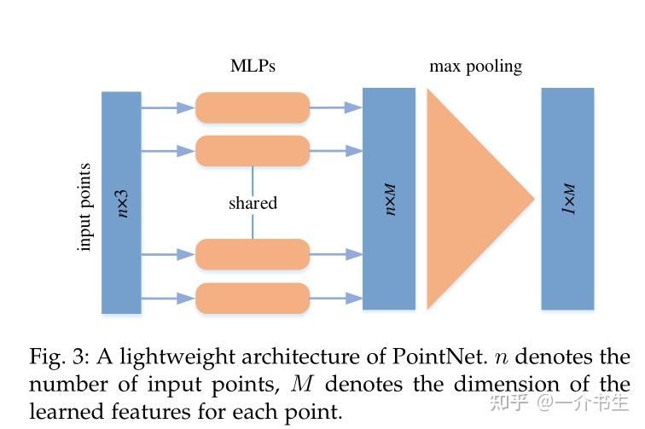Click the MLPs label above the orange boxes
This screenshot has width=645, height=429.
point(253,66)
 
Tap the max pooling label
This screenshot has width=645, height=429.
point(474,66)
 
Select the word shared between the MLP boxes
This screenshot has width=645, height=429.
point(253,203)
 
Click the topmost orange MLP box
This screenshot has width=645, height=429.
point(253,107)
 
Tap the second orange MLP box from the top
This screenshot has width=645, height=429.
point(253,151)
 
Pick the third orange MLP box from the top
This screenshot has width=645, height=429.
point(253,254)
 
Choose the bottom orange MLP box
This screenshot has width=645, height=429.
point(253,298)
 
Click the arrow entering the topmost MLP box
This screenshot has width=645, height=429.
point(168,107)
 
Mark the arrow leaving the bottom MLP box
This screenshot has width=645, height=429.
point(336,298)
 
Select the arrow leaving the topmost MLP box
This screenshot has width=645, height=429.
point(336,107)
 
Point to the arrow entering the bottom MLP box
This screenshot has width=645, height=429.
point(168,298)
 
